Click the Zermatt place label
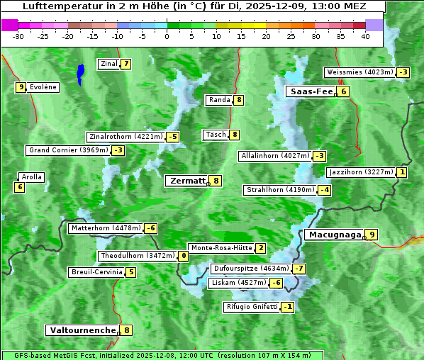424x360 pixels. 187,181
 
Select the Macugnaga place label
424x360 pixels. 333,235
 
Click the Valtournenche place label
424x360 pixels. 82,330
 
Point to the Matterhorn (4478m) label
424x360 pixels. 105,228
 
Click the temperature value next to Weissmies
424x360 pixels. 403,72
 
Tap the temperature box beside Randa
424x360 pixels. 239,100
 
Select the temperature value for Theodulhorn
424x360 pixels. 184,256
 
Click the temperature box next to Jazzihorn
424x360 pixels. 402,172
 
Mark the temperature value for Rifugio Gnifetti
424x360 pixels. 287,307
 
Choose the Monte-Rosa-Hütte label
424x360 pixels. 221,248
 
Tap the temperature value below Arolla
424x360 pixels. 19,187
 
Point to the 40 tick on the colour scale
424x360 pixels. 365,35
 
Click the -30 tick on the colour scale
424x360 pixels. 18,35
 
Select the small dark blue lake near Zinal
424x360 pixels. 80,72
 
